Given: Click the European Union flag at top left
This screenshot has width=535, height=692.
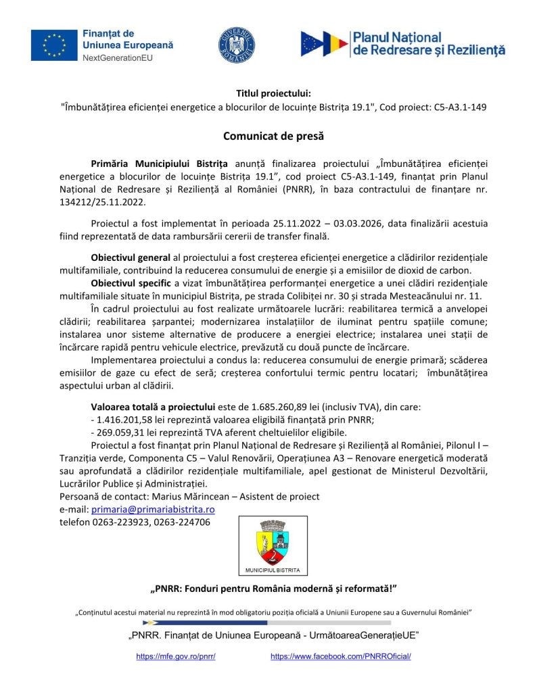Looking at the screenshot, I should point(54,45).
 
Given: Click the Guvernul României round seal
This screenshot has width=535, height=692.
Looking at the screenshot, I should point(237,45).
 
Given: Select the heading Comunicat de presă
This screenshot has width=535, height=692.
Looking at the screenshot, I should point(264,137).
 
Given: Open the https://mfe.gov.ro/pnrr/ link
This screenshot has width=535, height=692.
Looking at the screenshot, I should point(175,656).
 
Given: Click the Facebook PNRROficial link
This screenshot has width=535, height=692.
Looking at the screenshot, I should point(340,656).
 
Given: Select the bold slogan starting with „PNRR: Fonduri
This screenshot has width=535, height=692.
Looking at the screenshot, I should point(273,588).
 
